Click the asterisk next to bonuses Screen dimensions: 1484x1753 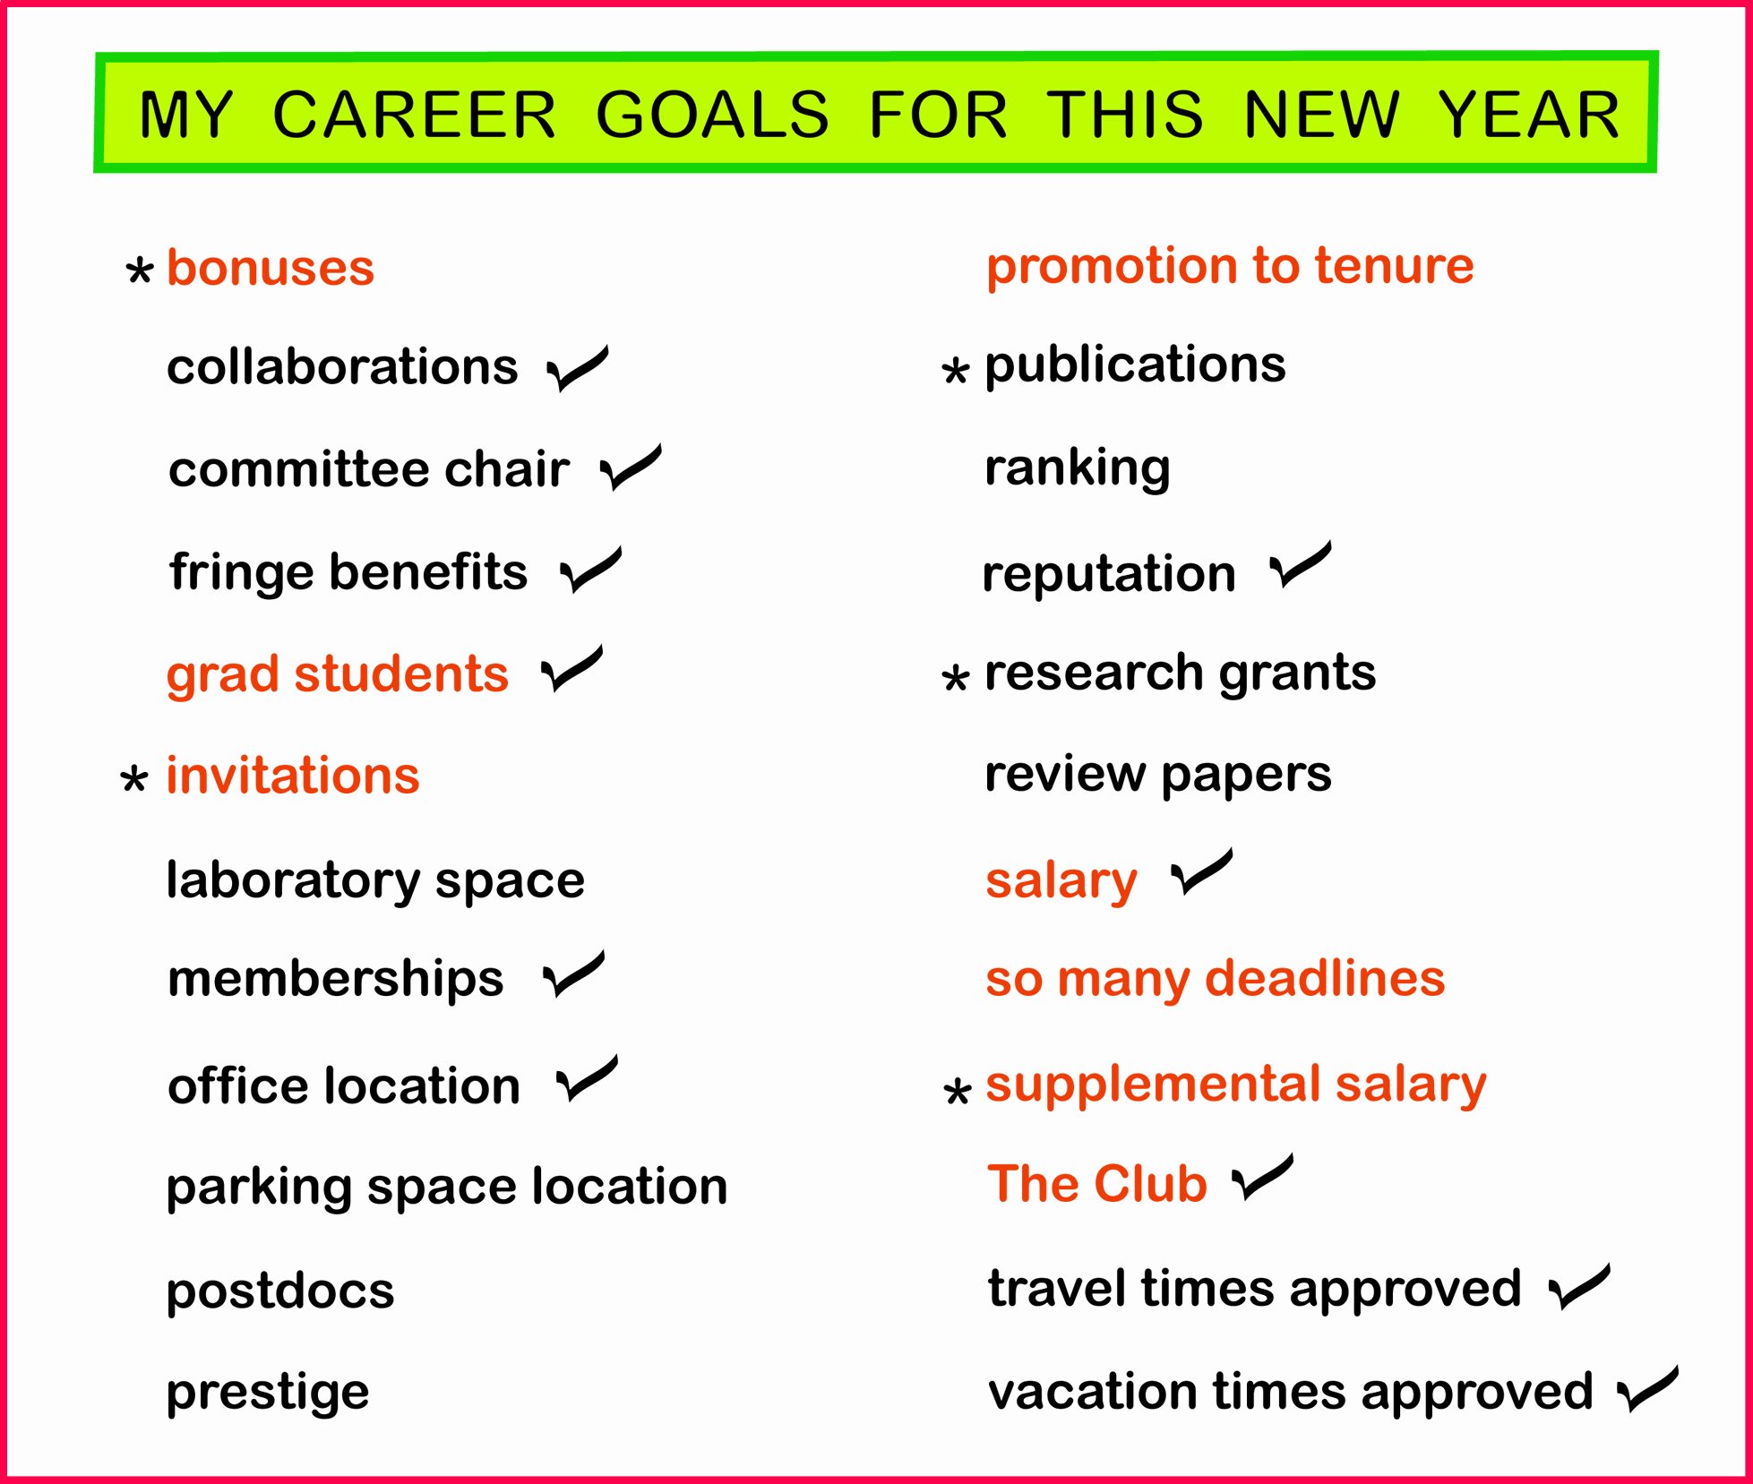[139, 270]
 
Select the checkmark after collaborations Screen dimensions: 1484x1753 [577, 369]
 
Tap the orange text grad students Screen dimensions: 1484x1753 [337, 673]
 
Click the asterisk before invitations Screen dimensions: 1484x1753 [133, 779]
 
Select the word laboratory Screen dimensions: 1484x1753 [293, 879]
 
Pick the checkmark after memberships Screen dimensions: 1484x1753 [573, 975]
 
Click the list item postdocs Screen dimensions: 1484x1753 [280, 1291]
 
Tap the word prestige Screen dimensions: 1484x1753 [268, 1393]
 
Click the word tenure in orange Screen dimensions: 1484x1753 [1394, 266]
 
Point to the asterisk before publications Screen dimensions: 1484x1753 [956, 370]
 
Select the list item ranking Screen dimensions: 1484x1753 [1077, 468]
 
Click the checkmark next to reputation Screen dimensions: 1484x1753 [1300, 565]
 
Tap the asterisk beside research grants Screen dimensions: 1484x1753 [956, 678]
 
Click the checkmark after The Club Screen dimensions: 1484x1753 [1262, 1178]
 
